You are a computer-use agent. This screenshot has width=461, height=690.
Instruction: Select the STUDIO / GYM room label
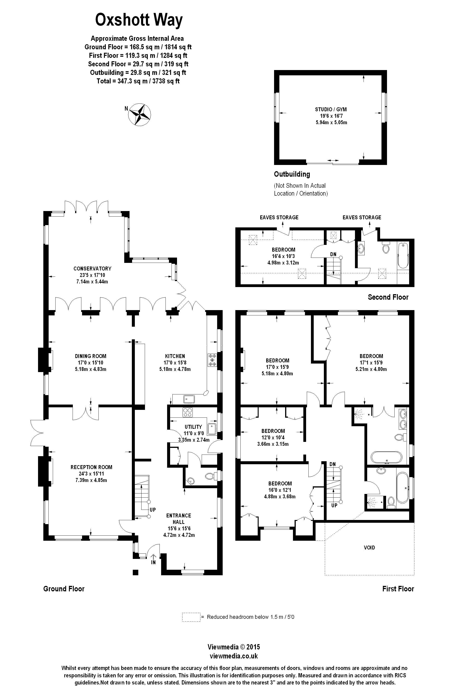point(331,109)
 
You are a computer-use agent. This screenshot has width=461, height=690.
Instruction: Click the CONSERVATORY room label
point(92,268)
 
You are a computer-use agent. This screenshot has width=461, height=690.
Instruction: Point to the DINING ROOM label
point(91,356)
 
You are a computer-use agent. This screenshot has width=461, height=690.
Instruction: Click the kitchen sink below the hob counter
point(189,399)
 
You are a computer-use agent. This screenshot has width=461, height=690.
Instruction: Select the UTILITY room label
point(193,427)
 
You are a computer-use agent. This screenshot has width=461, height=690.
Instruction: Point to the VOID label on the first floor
point(369,547)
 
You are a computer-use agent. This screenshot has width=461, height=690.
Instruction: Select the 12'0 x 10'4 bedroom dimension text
point(273,437)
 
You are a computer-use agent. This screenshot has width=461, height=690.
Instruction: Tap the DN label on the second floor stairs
point(333,254)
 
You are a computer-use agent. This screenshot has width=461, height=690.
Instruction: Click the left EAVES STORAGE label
point(279,217)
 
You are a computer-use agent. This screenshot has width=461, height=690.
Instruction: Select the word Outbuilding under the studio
point(292,174)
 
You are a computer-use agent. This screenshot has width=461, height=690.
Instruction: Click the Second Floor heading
point(388,297)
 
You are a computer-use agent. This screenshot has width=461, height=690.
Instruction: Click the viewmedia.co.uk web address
point(234,656)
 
